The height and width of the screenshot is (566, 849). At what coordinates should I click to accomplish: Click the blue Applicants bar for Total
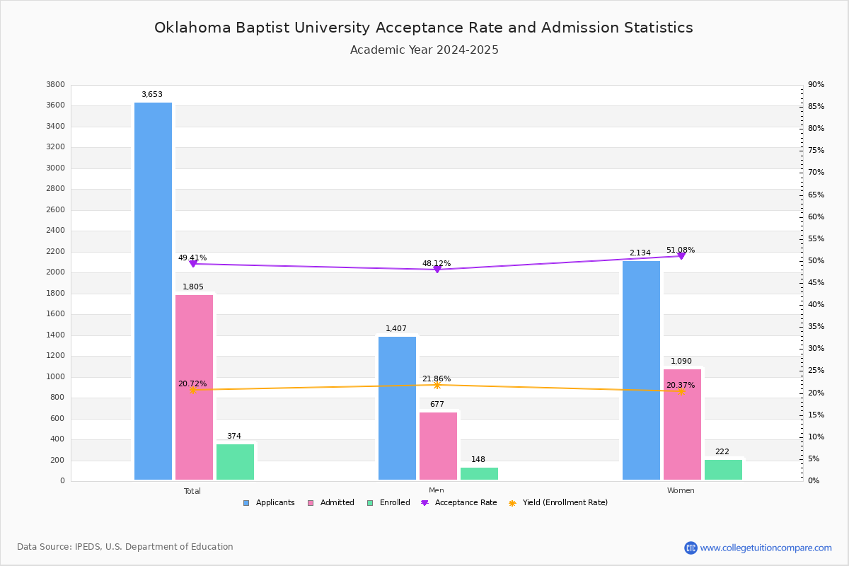click(x=153, y=291)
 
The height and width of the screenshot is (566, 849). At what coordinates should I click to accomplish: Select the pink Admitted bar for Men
click(x=438, y=446)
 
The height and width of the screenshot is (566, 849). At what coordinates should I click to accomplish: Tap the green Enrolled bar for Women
click(x=723, y=470)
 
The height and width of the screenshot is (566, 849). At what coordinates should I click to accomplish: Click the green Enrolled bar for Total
click(x=235, y=462)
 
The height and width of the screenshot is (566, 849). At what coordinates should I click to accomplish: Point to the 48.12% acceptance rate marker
click(x=437, y=270)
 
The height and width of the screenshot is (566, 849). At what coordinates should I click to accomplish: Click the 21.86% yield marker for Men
click(x=437, y=385)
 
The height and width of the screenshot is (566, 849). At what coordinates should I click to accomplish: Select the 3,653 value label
click(x=152, y=94)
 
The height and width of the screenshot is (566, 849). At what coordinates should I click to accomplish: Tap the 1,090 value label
click(x=681, y=361)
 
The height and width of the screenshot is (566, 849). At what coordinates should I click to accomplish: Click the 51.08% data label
click(x=681, y=250)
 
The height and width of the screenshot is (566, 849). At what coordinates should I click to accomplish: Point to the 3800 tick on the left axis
click(x=55, y=85)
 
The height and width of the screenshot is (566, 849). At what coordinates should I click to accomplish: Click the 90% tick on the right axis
click(x=816, y=85)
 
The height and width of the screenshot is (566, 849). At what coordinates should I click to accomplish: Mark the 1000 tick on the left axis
click(x=55, y=376)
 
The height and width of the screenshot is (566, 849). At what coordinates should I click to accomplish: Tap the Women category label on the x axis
click(x=681, y=491)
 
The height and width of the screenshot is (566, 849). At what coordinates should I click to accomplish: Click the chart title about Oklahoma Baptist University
click(x=424, y=28)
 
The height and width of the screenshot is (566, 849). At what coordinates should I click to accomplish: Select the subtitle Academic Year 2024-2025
click(x=424, y=50)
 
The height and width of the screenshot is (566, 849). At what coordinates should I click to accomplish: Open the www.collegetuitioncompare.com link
click(x=766, y=548)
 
